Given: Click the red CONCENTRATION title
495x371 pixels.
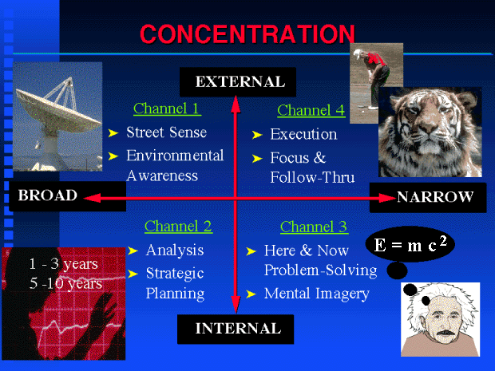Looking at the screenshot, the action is pyautogui.click(x=247, y=34).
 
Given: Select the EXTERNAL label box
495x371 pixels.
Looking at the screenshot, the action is pyautogui.click(x=238, y=82).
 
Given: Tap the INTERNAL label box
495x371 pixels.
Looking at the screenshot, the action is pyautogui.click(x=236, y=329).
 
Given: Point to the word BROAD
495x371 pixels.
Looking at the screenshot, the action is pyautogui.click(x=48, y=195).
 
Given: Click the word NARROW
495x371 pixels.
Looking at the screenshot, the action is pyautogui.click(x=435, y=197).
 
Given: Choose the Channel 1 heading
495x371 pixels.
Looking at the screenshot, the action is pyautogui.click(x=166, y=109).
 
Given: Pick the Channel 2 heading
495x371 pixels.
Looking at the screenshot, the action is pyautogui.click(x=178, y=227).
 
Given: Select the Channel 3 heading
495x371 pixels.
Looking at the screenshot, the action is pyautogui.click(x=314, y=227).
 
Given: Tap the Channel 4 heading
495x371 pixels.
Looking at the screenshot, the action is pyautogui.click(x=311, y=110).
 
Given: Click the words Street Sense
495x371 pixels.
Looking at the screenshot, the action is pyautogui.click(x=167, y=132).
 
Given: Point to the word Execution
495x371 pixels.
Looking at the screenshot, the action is pyautogui.click(x=303, y=134).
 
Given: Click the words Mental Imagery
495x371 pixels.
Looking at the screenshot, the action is pyautogui.click(x=317, y=294).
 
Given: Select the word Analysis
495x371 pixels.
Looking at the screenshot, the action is pyautogui.click(x=175, y=251).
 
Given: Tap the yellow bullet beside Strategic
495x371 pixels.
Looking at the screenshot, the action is pyautogui.click(x=133, y=274).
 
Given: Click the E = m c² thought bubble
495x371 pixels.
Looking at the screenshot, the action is pyautogui.click(x=410, y=244).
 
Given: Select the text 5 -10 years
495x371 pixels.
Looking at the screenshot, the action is pyautogui.click(x=65, y=283).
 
